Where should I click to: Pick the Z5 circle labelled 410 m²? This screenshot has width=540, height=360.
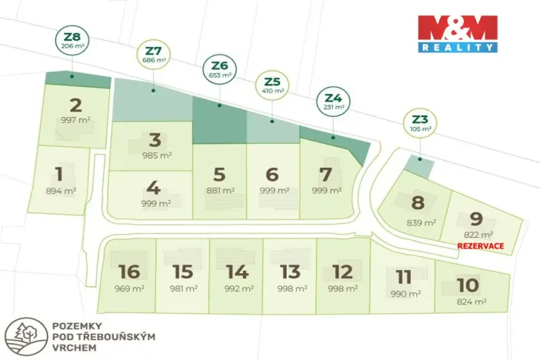pos(272,85)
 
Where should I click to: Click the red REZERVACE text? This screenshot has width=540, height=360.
pos(481,245)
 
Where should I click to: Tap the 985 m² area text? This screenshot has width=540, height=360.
pos(155,155)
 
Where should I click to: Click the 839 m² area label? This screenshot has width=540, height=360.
pos(422,223)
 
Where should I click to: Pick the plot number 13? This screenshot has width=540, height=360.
pos(290,272)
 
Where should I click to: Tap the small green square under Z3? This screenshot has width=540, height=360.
pos(418,165)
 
